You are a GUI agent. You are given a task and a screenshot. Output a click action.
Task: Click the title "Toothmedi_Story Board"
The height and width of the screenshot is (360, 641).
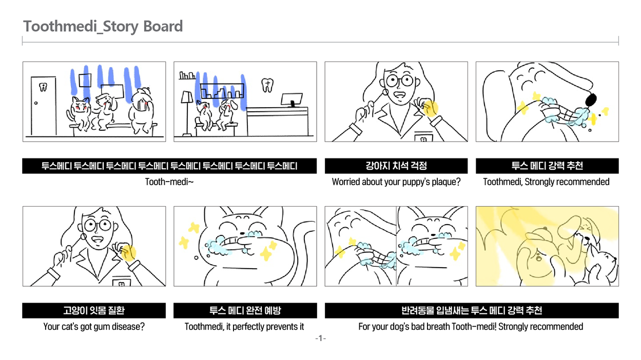(103, 27)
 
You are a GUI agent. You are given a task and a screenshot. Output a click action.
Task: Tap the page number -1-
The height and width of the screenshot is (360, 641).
(320, 338)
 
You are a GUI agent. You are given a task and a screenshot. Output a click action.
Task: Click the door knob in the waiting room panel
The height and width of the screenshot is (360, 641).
(36, 103)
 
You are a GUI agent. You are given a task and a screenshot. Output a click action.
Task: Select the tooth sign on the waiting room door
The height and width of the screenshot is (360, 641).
(43, 87)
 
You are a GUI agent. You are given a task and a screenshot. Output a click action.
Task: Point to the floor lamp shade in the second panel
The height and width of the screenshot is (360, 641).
(187, 97)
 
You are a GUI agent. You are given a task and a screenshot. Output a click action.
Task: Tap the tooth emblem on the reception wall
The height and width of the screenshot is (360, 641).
(267, 85)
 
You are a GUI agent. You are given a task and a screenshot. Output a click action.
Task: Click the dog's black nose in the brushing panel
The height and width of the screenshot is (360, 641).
(591, 99)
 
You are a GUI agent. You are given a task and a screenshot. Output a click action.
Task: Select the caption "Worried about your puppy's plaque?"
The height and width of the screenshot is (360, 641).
(396, 182)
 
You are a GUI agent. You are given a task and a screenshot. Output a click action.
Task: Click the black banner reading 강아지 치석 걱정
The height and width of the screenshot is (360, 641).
(396, 166)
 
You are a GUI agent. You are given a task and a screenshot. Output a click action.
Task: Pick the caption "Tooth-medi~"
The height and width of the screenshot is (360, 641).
(169, 182)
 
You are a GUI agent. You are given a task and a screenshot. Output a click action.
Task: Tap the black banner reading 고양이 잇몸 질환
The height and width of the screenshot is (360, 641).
(94, 311)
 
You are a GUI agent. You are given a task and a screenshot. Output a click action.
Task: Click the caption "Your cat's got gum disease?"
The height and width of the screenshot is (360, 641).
(94, 327)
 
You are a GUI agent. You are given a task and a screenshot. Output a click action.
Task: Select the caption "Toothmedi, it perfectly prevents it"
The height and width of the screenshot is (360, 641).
(244, 327)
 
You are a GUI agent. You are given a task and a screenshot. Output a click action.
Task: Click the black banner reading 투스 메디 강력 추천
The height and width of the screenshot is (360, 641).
(547, 166)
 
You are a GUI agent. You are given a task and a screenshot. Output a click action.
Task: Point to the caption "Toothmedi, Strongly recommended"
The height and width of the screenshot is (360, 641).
(546, 182)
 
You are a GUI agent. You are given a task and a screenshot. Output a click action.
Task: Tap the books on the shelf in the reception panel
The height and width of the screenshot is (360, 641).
(187, 75)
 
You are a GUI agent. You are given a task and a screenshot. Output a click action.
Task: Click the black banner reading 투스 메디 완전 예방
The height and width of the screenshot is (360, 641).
(245, 311)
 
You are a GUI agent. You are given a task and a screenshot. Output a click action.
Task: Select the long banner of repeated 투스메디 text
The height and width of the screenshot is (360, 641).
(169, 166)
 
